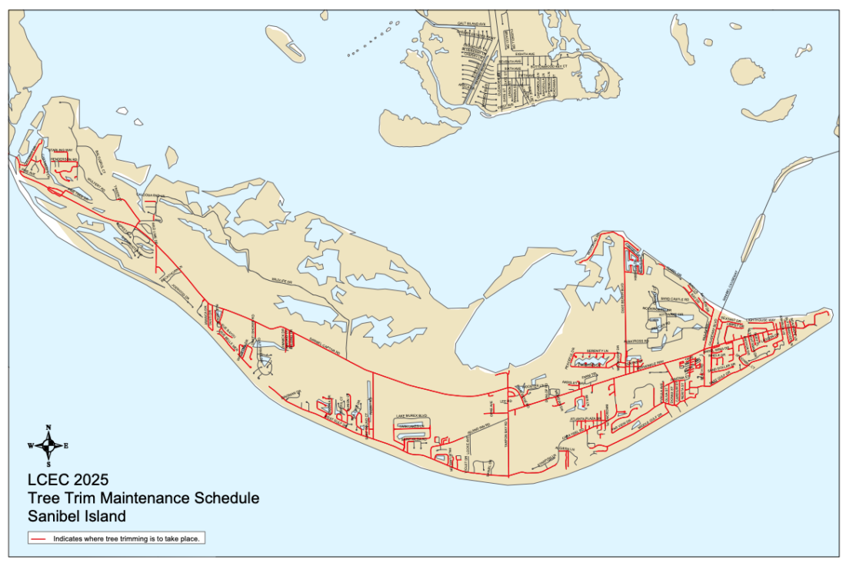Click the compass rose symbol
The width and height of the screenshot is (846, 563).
click(x=48, y=445)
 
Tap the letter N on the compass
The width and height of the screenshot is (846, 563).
click(x=48, y=427)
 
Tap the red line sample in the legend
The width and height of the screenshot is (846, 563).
click(x=41, y=539)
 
